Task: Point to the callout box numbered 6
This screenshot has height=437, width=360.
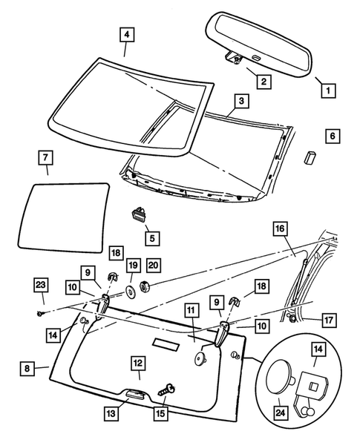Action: [332, 137]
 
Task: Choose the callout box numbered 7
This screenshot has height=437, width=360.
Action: [46, 160]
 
